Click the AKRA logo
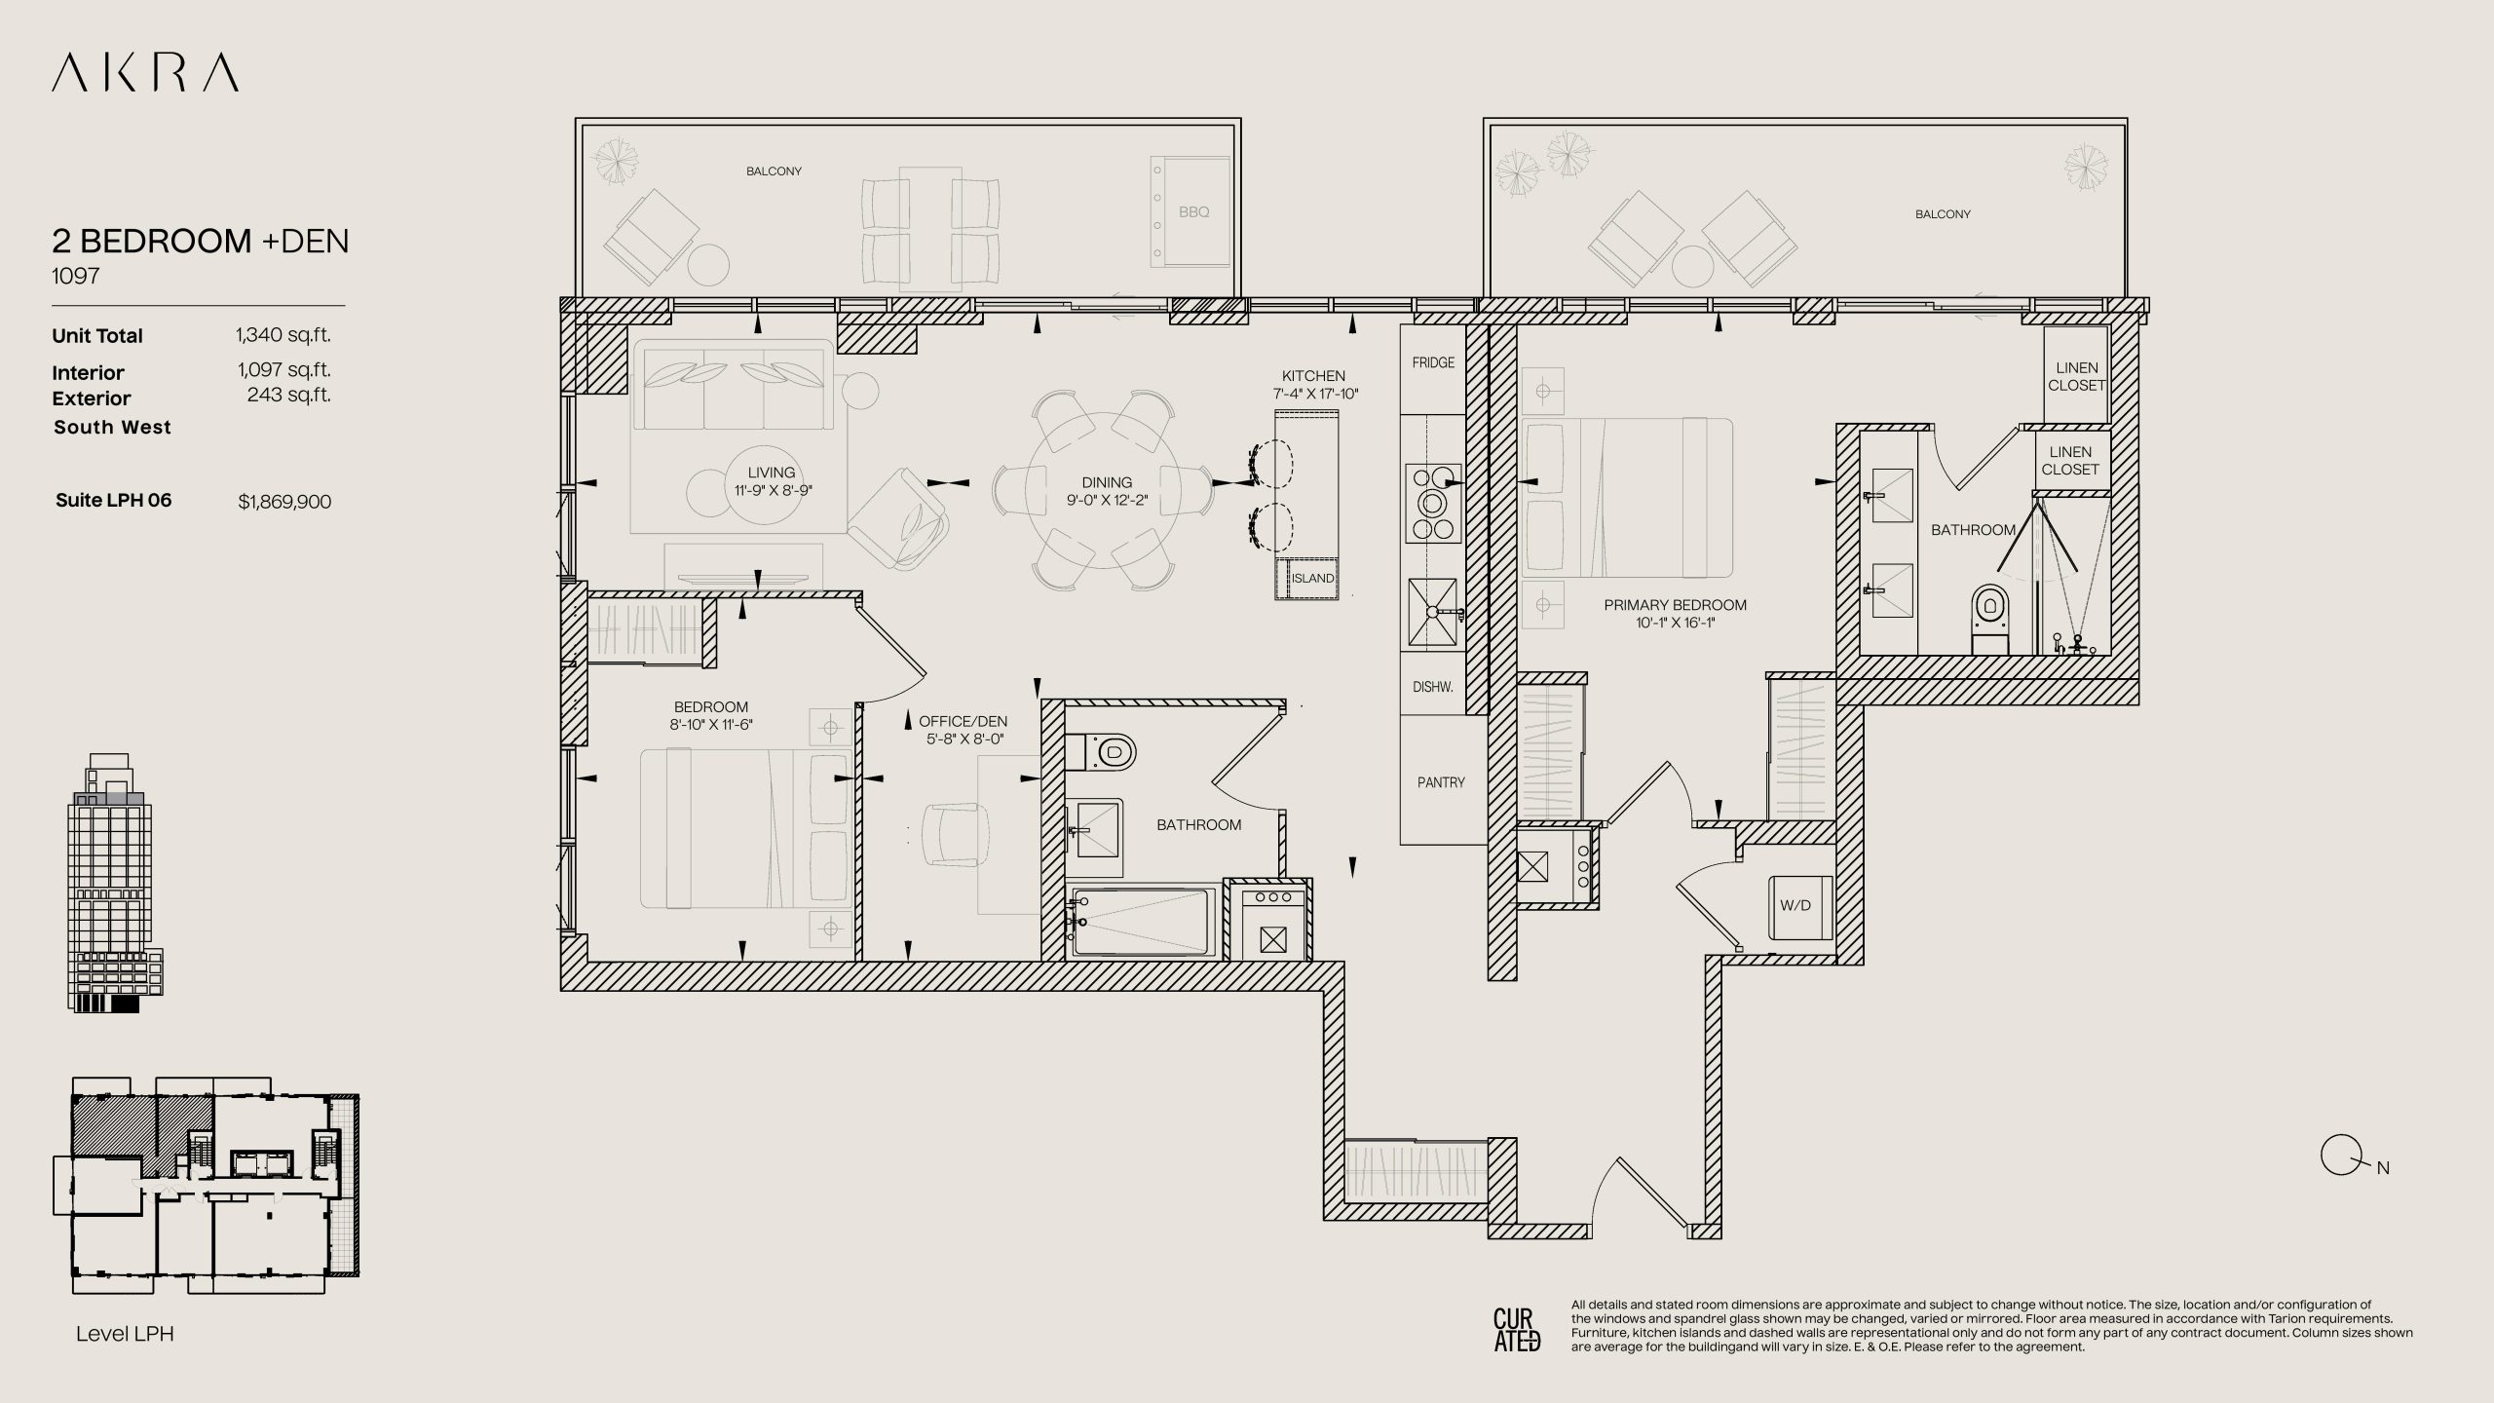pos(145,73)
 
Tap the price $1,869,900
pos(284,502)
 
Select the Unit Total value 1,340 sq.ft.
pos(283,335)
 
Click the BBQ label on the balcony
pos(1193,211)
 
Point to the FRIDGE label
pos(1433,362)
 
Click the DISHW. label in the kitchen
pos(1432,687)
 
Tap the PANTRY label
pos(1441,782)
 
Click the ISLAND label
pos(1312,579)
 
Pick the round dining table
pos(1105,491)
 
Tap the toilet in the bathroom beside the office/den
pos(1102,752)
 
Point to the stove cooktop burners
pos(1433,503)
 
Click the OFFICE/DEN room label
pos(963,722)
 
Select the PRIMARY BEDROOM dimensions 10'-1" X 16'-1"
pos(1676,623)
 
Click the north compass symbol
pos(2339,1157)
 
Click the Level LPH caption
pos(125,1334)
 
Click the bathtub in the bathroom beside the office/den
pos(1141,921)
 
